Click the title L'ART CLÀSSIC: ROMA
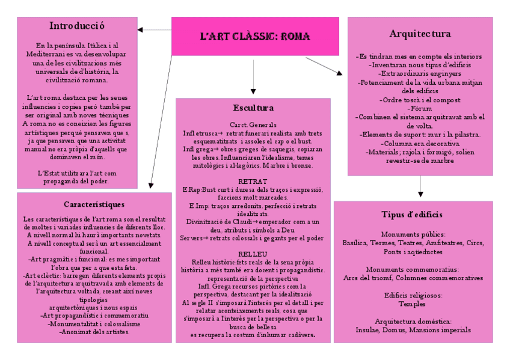point(255,37)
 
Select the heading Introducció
point(77,26)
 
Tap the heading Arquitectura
point(420,33)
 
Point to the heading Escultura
point(253,108)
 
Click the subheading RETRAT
point(253,181)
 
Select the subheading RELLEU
point(253,254)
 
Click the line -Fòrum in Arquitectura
point(420,108)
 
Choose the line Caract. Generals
point(253,124)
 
